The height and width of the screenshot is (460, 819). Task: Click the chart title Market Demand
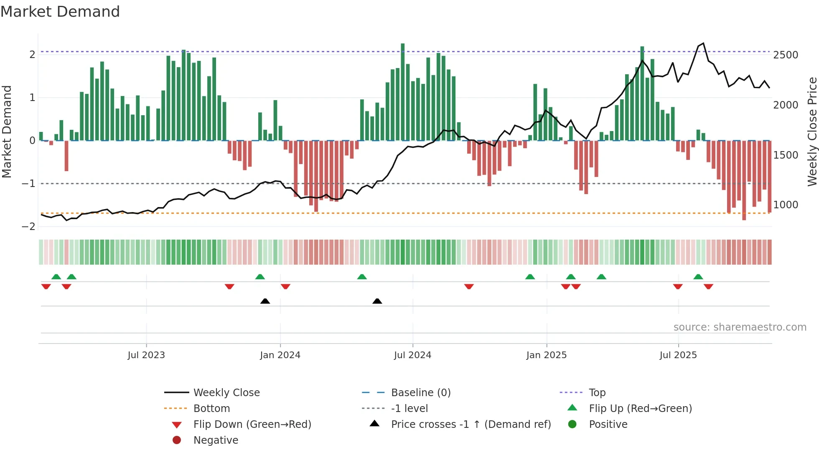pyautogui.click(x=60, y=12)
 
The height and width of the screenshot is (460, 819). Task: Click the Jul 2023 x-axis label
pyautogui.click(x=146, y=355)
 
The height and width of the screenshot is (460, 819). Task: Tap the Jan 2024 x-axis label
pyautogui.click(x=280, y=355)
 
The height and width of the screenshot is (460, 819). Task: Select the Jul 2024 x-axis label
pyautogui.click(x=412, y=355)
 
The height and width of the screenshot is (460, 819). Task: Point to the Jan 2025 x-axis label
pyautogui.click(x=546, y=355)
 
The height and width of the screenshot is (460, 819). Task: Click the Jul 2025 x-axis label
pyautogui.click(x=678, y=355)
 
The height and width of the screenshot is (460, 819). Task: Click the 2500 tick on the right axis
pyautogui.click(x=786, y=55)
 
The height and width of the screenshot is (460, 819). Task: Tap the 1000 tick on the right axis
pyautogui.click(x=786, y=205)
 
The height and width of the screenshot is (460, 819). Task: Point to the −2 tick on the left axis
pyautogui.click(x=29, y=226)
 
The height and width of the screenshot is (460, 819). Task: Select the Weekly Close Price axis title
pyautogui.click(x=812, y=131)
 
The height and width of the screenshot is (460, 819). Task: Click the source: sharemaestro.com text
pyautogui.click(x=740, y=327)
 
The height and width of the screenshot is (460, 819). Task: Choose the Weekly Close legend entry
pyautogui.click(x=226, y=392)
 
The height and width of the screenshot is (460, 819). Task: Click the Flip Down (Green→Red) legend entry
pyautogui.click(x=252, y=424)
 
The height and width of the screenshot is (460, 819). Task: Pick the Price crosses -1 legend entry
pyautogui.click(x=471, y=424)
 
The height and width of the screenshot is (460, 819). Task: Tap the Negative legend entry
pyautogui.click(x=216, y=440)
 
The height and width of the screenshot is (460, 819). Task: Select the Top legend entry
pyautogui.click(x=597, y=392)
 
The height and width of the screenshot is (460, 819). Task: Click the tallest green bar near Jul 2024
pyautogui.click(x=403, y=92)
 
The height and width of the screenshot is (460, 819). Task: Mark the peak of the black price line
pyautogui.click(x=703, y=43)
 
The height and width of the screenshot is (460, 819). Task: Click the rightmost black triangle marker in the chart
pyautogui.click(x=377, y=301)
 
